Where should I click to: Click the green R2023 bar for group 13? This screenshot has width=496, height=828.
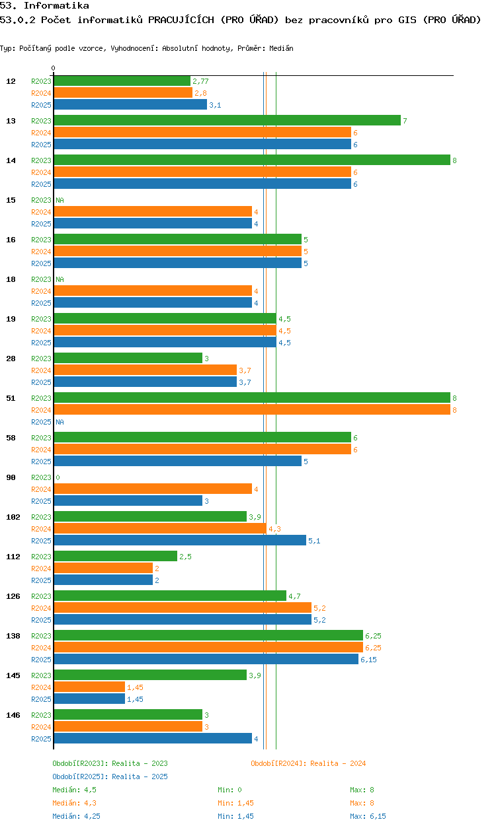click(x=227, y=121)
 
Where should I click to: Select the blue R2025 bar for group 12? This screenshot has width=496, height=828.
click(x=130, y=104)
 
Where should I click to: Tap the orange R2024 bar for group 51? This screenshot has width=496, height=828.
click(x=252, y=409)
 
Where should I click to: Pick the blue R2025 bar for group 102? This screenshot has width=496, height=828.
click(x=180, y=540)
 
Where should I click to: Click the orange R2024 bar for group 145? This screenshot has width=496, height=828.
click(x=89, y=687)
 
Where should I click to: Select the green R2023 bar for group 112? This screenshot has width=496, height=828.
click(x=116, y=557)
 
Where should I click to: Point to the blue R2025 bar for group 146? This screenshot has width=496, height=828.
click(x=153, y=739)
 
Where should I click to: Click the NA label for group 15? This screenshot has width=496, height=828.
click(x=60, y=200)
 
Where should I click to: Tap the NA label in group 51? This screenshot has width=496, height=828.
click(x=60, y=422)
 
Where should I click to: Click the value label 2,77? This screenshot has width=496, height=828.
click(x=200, y=81)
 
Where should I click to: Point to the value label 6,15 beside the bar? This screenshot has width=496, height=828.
click(x=368, y=660)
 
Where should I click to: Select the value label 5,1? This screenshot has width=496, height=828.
click(x=314, y=541)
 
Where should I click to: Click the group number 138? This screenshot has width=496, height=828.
click(x=13, y=636)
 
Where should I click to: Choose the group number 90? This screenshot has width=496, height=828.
click(x=11, y=477)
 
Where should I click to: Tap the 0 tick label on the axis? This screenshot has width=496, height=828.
click(x=54, y=68)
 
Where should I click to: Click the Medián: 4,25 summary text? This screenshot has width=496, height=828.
click(x=76, y=816)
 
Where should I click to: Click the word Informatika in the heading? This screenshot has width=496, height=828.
click(x=56, y=5)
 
